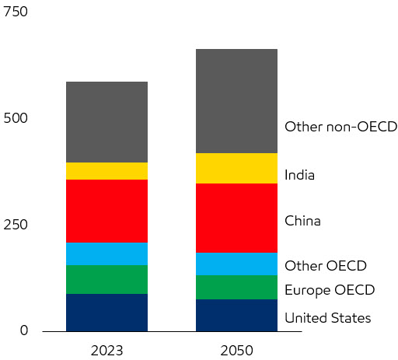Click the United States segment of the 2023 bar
pos(106,312)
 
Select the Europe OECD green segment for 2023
pos(106,279)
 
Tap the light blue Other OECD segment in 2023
pos(106,253)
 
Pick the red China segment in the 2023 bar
pos(106,211)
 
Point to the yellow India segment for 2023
pos(106,171)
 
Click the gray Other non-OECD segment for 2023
pos(106,122)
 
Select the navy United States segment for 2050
pos(236,315)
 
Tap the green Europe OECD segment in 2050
pos(236,287)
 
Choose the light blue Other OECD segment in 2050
pos(236,264)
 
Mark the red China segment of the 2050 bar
pos(236,218)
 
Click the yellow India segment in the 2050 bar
pos(236,168)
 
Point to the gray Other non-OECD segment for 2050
pos(236,101)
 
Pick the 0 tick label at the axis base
pos(23,330)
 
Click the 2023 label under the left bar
pos(106,350)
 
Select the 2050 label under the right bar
pos(236,350)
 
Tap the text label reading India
pos(299,175)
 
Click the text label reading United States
pos(327,317)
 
